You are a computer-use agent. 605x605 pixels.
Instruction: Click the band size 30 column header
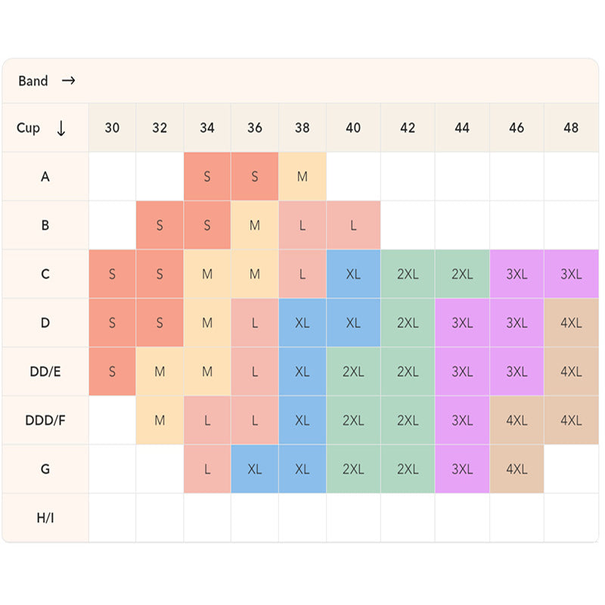coord(112,128)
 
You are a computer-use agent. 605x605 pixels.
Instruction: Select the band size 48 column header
coord(571,128)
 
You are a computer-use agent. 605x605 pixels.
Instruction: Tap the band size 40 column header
coord(353,128)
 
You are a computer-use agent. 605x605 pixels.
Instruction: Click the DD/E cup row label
coord(45,371)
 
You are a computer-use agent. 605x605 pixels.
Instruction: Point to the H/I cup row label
coord(45,518)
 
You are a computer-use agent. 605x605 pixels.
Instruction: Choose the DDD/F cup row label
coord(45,420)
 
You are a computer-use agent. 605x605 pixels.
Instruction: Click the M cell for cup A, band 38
coord(302,176)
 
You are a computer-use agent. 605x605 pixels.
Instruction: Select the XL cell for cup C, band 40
coord(353,274)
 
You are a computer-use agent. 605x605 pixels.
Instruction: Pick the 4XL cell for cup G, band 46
coord(517,469)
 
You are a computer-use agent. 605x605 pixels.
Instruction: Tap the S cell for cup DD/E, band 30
coord(112,371)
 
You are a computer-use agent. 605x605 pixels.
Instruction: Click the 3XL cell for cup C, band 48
coord(571,274)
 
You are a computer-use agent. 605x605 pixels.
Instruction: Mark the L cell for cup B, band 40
coord(353,225)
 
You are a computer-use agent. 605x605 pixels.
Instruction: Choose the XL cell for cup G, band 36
coord(255,469)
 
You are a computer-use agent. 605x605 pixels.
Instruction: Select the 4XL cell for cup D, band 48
coord(571,323)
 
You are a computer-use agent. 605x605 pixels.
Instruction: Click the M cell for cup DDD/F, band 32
coord(160,420)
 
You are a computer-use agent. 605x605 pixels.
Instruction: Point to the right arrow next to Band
coord(69,81)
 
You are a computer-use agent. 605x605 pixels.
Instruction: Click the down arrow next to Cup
coord(61,128)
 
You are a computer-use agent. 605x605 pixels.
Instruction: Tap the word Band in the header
coord(33,81)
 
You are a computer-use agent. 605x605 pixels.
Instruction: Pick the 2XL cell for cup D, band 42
coord(408,323)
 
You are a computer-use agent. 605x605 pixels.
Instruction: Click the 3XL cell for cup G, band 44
coord(462,469)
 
